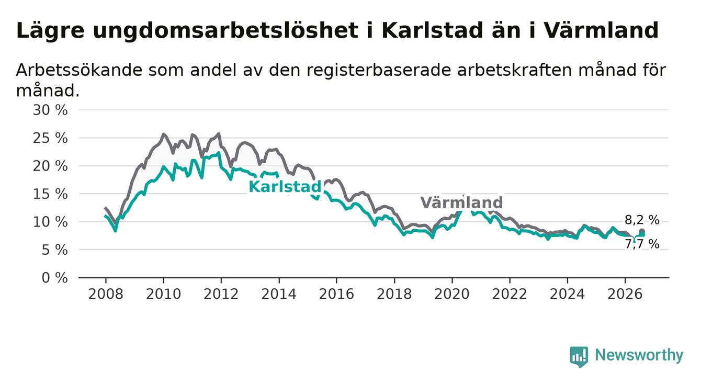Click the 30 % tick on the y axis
point(50,110)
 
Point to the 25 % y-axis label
point(50,138)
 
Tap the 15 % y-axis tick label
point(50,194)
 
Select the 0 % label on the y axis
point(54,278)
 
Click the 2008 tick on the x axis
point(106,295)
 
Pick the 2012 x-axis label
point(221,295)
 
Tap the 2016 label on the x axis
point(336,295)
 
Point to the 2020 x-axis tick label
point(452,295)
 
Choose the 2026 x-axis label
point(625,295)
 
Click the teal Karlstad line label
point(285,187)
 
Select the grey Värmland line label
point(461,202)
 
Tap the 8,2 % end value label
point(642,220)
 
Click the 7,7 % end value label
point(642,244)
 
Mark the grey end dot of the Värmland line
point(642,232)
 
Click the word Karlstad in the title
point(433,31)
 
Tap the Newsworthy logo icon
point(579,357)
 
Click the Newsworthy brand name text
point(639,355)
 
